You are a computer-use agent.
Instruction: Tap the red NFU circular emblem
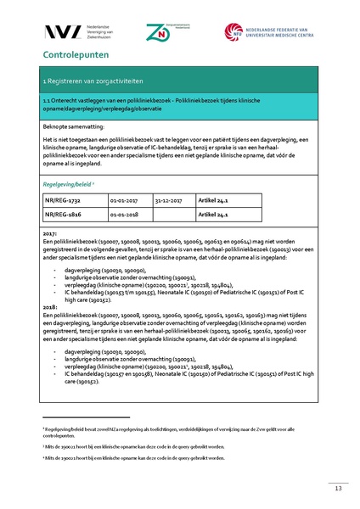(233, 31)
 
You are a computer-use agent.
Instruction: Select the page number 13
(337, 488)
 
